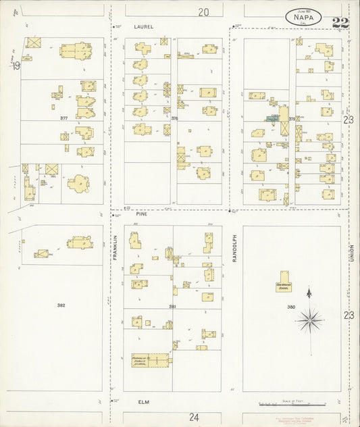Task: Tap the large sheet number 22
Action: pyautogui.click(x=341, y=23)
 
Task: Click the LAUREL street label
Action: pyautogui.click(x=145, y=26)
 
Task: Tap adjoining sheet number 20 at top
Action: pyautogui.click(x=203, y=11)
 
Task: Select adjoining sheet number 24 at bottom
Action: pyautogui.click(x=195, y=416)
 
